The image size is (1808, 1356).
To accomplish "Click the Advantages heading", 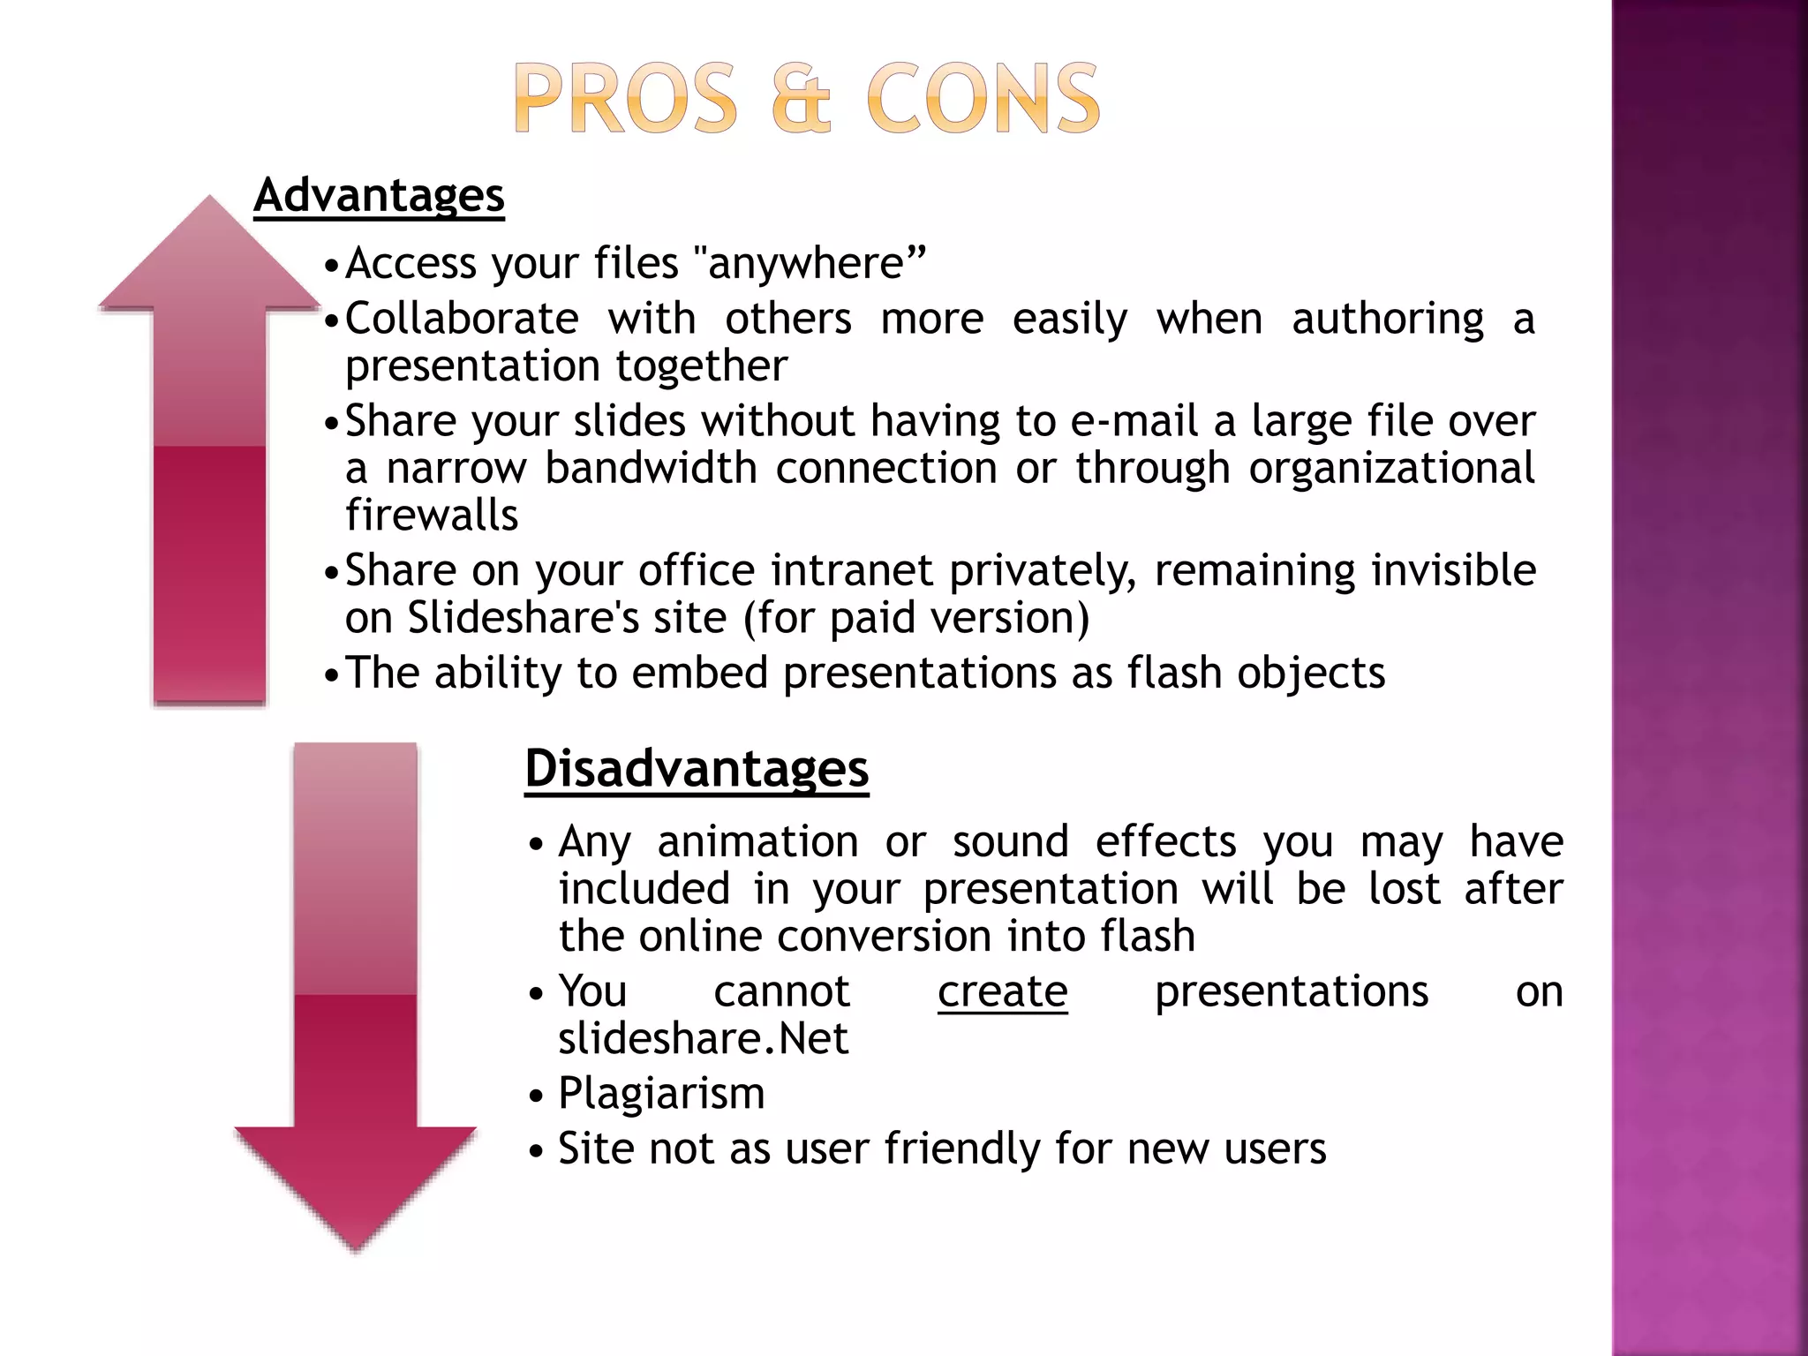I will tap(379, 195).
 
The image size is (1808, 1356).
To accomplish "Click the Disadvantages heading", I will tap(697, 768).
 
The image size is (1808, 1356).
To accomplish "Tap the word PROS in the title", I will tap(625, 99).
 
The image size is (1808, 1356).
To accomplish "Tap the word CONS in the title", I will tap(983, 99).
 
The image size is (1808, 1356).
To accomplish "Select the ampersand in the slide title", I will tap(801, 99).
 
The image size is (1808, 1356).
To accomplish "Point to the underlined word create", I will tap(1002, 991).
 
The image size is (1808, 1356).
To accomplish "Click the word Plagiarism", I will tap(661, 1093).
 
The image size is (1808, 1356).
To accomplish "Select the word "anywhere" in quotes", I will tap(810, 263).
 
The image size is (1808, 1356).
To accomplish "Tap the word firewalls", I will tap(432, 515).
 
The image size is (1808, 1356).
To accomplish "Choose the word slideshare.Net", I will tap(703, 1038).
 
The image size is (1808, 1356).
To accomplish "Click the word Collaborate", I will tap(462, 318).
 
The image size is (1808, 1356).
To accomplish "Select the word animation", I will tap(757, 841).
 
